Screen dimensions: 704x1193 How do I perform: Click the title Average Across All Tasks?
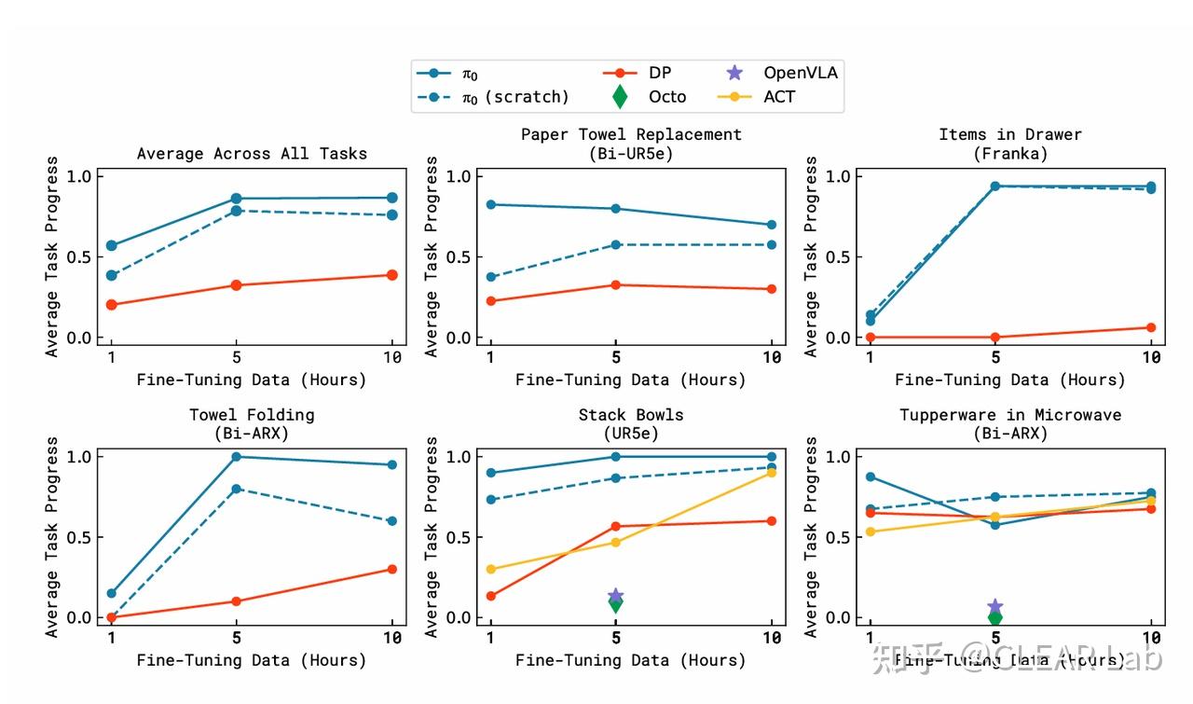point(252,154)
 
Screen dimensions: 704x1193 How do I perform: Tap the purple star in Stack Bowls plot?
point(615,596)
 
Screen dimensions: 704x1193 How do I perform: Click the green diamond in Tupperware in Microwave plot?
point(995,617)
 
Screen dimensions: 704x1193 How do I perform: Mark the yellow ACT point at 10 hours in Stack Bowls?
point(772,473)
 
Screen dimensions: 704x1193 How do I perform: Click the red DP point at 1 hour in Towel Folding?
point(112,617)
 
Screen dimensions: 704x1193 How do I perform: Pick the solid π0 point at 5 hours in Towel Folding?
point(236,457)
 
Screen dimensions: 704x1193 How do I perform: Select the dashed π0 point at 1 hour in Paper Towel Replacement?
point(491,277)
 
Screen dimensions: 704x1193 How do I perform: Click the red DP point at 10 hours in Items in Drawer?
point(1151,327)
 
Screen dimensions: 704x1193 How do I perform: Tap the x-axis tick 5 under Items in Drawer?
point(995,357)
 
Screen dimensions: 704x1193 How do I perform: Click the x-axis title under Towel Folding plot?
point(252,660)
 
